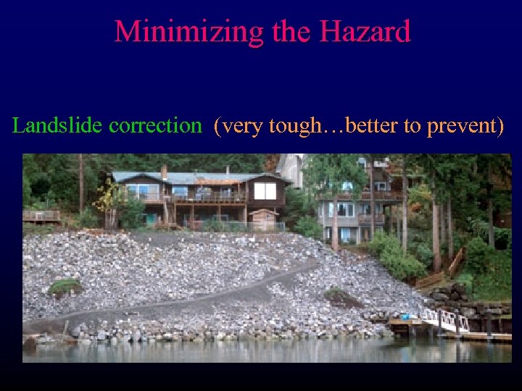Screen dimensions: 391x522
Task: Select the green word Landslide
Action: (58, 126)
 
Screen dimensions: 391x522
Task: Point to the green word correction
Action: (154, 126)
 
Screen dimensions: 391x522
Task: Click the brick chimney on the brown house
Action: (164, 172)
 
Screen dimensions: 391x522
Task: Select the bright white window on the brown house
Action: (265, 190)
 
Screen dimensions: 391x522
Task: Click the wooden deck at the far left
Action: (41, 215)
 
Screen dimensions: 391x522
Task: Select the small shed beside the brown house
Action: (263, 219)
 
